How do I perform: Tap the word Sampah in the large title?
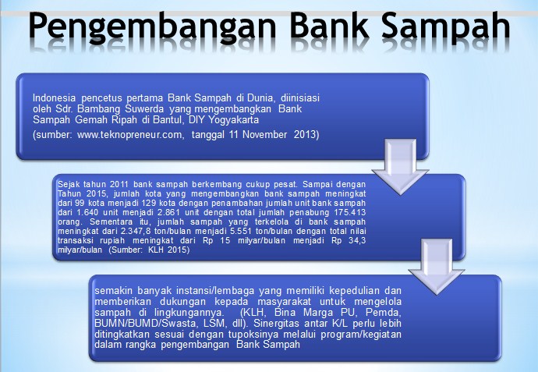tap(445, 27)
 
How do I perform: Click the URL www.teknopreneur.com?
tap(130, 134)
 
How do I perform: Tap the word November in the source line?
tap(264, 134)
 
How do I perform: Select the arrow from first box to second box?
tap(401, 167)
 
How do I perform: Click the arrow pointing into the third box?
tap(437, 267)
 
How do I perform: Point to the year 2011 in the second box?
tap(119, 184)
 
